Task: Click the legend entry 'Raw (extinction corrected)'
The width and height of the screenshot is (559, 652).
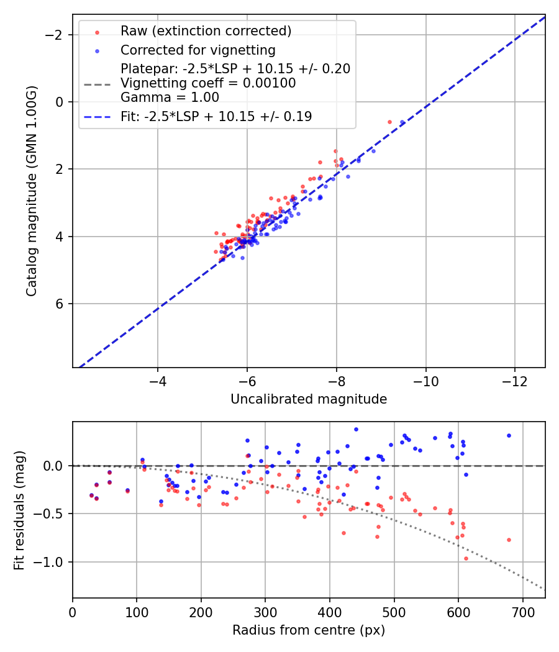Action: point(206,31)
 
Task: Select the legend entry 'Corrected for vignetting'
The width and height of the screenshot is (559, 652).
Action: point(198,50)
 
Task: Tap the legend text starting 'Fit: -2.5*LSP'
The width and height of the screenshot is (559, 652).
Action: point(216,116)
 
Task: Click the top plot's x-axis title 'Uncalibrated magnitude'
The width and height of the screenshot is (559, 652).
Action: point(309,399)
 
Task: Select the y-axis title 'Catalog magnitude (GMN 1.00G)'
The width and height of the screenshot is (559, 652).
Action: point(32,191)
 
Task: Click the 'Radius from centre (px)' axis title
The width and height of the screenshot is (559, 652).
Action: point(309,630)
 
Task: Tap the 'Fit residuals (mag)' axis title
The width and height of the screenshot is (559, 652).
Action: point(19,509)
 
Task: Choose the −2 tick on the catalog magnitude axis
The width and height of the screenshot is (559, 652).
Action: point(56,35)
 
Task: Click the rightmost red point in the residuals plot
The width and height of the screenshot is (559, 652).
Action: point(509,540)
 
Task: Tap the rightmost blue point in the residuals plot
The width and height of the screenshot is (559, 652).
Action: point(509,435)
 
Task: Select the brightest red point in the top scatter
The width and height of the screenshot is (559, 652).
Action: point(389,122)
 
